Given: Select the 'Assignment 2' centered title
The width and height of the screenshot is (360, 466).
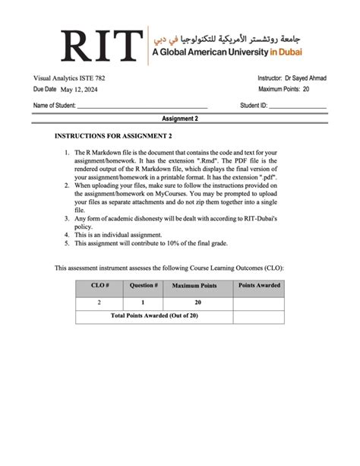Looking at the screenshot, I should click(180, 119).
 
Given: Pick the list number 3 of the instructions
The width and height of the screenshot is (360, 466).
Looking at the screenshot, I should click(67, 219).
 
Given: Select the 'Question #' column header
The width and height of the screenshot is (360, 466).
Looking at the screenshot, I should click(144, 287).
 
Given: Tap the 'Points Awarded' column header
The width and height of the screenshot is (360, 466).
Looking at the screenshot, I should click(258, 286).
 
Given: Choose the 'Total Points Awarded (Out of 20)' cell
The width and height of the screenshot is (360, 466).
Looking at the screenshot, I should click(154, 315).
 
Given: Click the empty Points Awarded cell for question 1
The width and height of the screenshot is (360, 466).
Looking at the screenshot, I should click(258, 302).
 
